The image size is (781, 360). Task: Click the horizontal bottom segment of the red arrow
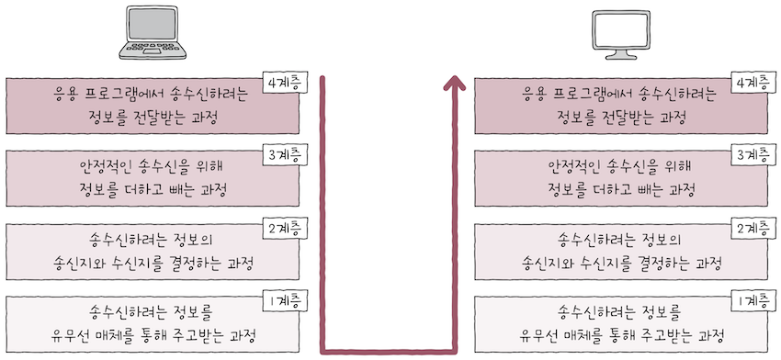point(386,349)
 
